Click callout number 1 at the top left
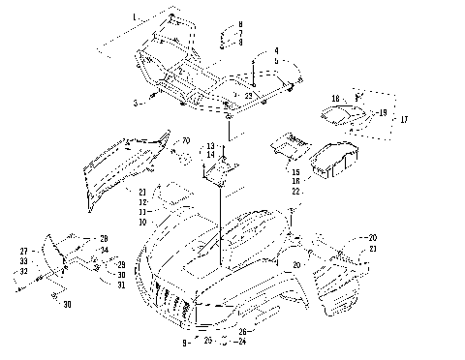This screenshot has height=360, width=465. pos(135,18)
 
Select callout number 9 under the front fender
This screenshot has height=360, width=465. pos(184,343)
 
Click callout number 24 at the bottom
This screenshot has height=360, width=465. pos(242,341)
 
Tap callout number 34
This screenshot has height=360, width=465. pos(105,251)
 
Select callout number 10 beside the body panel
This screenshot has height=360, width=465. pos(142,222)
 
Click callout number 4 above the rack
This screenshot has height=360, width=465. pos(275,49)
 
